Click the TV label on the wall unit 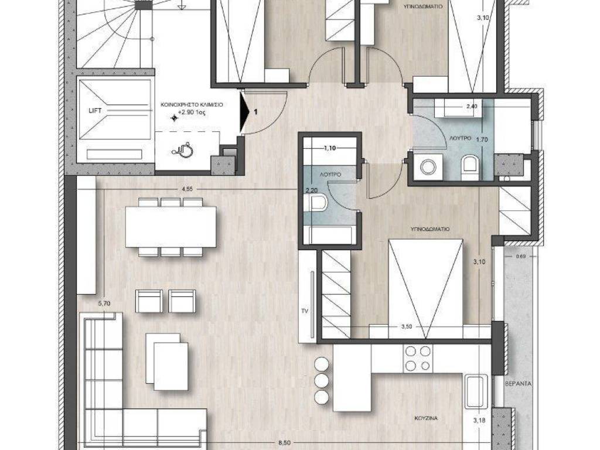pos(304,311)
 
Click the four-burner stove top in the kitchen pos(417,359)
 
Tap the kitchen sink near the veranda pos(474,392)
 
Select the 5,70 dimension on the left pos(104,304)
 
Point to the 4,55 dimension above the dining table pos(187,189)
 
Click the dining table pos(171,227)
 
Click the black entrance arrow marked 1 pos(246,111)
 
